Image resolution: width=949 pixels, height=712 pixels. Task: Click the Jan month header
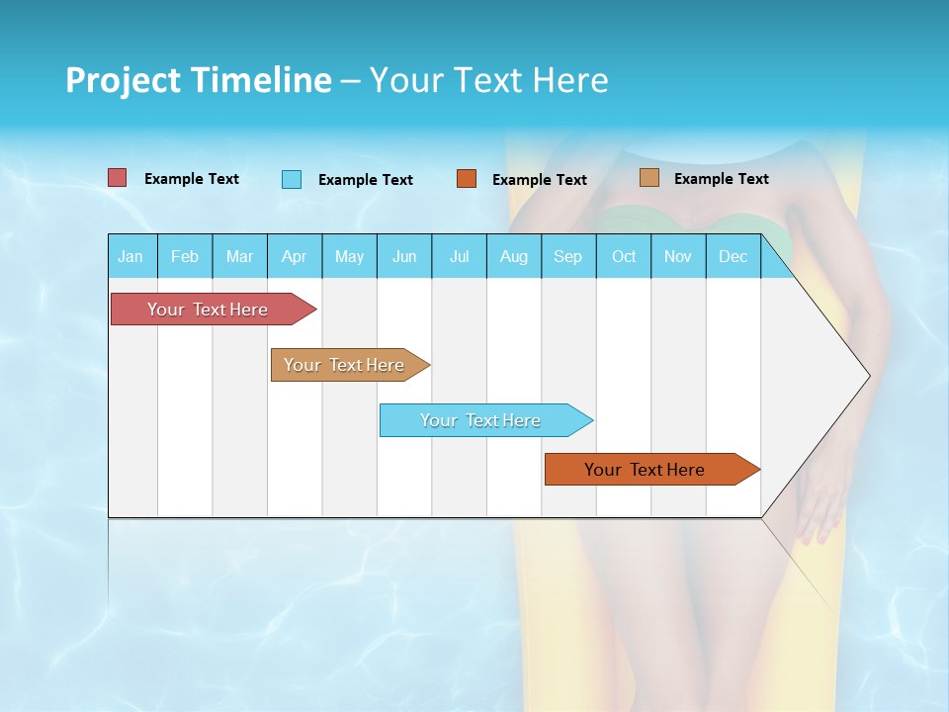(x=130, y=256)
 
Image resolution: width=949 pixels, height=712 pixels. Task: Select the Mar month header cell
(x=239, y=256)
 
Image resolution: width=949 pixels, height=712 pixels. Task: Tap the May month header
(x=349, y=256)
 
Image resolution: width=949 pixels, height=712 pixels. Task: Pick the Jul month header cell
(x=459, y=256)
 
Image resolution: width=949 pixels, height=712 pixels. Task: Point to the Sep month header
(x=567, y=256)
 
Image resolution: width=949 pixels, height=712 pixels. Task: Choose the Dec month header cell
(x=733, y=256)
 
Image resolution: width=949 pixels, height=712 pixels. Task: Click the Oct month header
(x=624, y=256)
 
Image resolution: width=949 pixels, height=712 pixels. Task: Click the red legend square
(x=118, y=178)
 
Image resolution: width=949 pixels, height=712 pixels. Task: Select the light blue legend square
(x=292, y=179)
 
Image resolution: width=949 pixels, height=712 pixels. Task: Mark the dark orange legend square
(x=467, y=179)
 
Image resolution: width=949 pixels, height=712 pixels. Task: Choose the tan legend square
(x=649, y=178)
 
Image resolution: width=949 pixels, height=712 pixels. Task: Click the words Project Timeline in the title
(x=199, y=80)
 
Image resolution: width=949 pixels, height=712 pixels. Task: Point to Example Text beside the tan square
(x=721, y=179)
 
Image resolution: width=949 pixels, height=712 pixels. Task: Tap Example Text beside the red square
(x=191, y=179)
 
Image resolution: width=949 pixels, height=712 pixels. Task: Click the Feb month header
(x=185, y=256)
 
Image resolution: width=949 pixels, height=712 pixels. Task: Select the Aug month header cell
(x=513, y=256)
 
